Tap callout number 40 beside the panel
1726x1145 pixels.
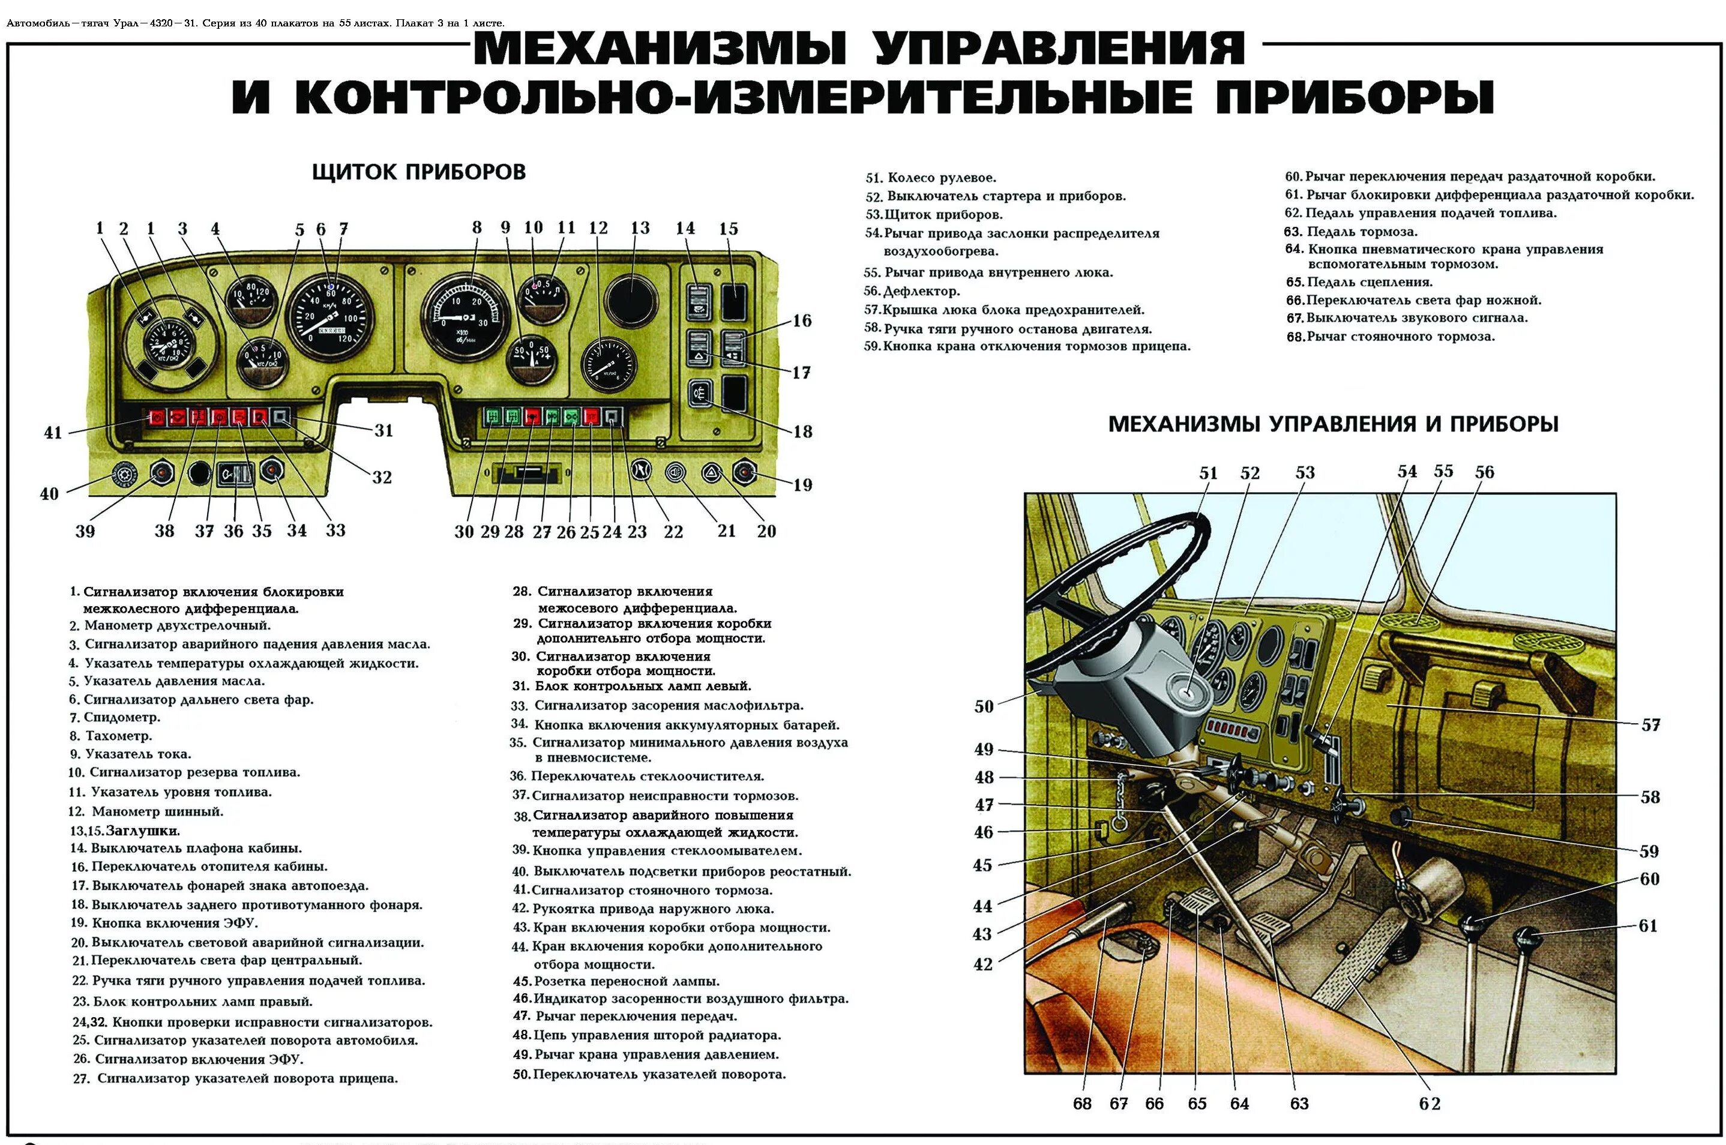point(49,494)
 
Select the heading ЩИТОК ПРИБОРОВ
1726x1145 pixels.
point(418,172)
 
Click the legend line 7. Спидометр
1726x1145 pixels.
point(115,718)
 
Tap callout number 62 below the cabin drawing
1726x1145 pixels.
point(1430,1104)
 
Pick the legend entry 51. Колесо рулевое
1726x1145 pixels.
point(931,178)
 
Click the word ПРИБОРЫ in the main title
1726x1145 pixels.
point(1355,97)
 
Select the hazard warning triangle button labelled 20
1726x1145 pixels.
point(711,473)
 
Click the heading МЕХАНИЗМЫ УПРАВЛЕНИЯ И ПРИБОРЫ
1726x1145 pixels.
point(1332,424)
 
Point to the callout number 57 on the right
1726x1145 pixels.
point(1651,725)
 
